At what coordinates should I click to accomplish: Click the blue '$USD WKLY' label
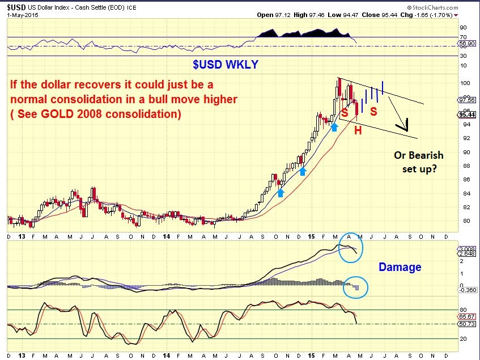click(x=226, y=65)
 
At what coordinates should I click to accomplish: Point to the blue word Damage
click(x=400, y=267)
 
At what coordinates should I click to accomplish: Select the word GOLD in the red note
click(x=57, y=113)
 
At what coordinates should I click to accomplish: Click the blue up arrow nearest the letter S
click(x=334, y=127)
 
